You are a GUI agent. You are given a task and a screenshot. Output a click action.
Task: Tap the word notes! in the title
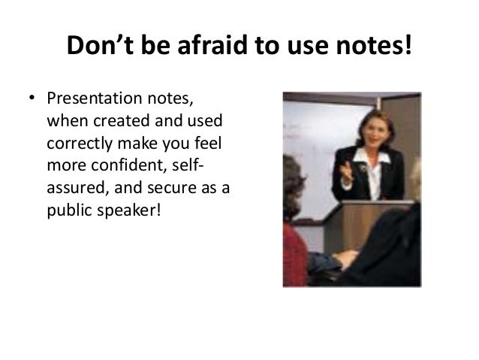(373, 48)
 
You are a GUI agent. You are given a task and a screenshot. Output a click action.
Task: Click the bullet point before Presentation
(32, 101)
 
